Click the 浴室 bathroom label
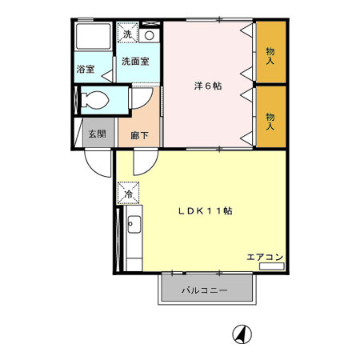click(85, 69)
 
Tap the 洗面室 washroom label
click(134, 61)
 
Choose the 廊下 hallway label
click(138, 134)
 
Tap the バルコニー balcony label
click(204, 289)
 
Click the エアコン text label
click(265, 257)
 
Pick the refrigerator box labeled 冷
click(128, 193)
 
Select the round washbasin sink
click(150, 36)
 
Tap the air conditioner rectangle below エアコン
click(272, 265)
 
